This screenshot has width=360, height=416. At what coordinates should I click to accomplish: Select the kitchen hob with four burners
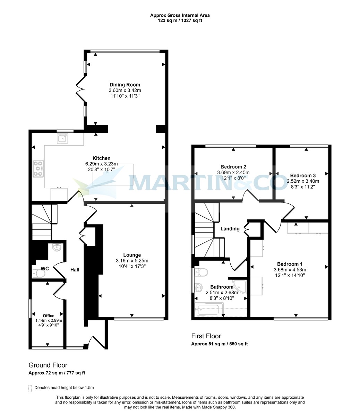(x=38, y=168)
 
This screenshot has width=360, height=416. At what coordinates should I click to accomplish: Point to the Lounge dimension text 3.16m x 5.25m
(x=132, y=261)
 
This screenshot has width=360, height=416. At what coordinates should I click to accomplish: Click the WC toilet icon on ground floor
(x=39, y=274)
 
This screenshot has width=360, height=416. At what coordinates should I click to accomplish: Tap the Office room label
(x=49, y=315)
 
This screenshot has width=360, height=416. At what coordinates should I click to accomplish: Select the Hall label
(x=75, y=269)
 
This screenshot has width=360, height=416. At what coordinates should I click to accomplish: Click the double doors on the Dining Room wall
(x=80, y=89)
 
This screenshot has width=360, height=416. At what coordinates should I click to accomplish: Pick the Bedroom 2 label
(x=233, y=166)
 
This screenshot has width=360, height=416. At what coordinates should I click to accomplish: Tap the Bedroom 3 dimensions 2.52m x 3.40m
(x=303, y=181)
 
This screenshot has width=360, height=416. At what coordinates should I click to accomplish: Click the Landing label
(x=230, y=229)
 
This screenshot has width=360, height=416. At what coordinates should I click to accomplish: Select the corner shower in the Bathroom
(x=240, y=285)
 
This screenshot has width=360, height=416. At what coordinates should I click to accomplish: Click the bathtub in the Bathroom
(x=210, y=310)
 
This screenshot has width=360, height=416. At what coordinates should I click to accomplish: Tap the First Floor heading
(x=206, y=336)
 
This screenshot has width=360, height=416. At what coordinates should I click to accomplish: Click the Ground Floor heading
(x=48, y=365)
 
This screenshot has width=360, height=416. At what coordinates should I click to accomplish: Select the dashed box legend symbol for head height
(x=30, y=388)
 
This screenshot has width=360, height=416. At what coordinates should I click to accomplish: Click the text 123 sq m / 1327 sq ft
(x=180, y=20)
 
